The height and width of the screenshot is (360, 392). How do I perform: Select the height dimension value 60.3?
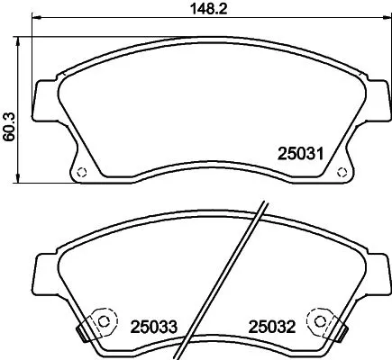pyautogui.click(x=10, y=110)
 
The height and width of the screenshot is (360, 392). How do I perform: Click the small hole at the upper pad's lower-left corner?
pyautogui.click(x=81, y=174)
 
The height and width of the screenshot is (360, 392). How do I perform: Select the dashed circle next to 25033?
pyautogui.click(x=105, y=319)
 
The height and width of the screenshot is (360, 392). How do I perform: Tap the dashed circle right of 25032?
pyautogui.click(x=316, y=319)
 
